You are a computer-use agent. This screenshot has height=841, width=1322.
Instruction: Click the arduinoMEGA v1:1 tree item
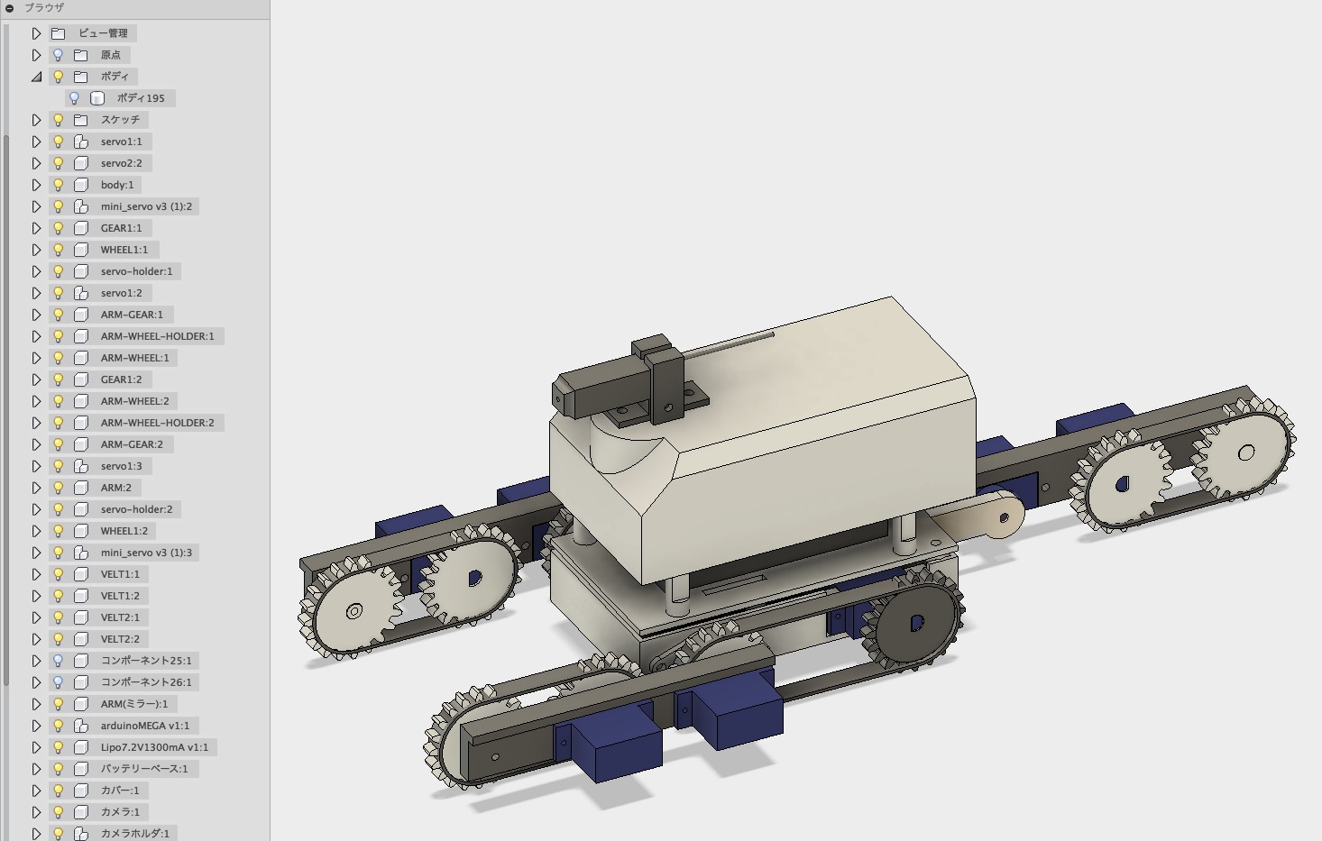tap(144, 726)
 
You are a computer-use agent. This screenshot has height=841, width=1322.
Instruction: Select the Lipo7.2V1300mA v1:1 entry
tap(154, 747)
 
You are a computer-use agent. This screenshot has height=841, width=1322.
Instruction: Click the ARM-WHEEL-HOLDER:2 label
tap(157, 423)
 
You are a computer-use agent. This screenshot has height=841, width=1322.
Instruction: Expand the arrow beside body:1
tap(36, 185)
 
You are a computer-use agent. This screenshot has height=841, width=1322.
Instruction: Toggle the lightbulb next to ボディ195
tap(74, 98)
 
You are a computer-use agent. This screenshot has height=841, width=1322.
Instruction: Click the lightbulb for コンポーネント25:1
tap(58, 661)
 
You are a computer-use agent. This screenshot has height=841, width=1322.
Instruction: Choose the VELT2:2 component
tap(120, 639)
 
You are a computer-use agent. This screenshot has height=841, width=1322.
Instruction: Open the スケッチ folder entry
tap(120, 120)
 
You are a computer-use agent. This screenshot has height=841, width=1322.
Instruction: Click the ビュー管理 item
tap(104, 33)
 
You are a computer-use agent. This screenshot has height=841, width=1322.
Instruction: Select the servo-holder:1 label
tap(136, 271)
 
